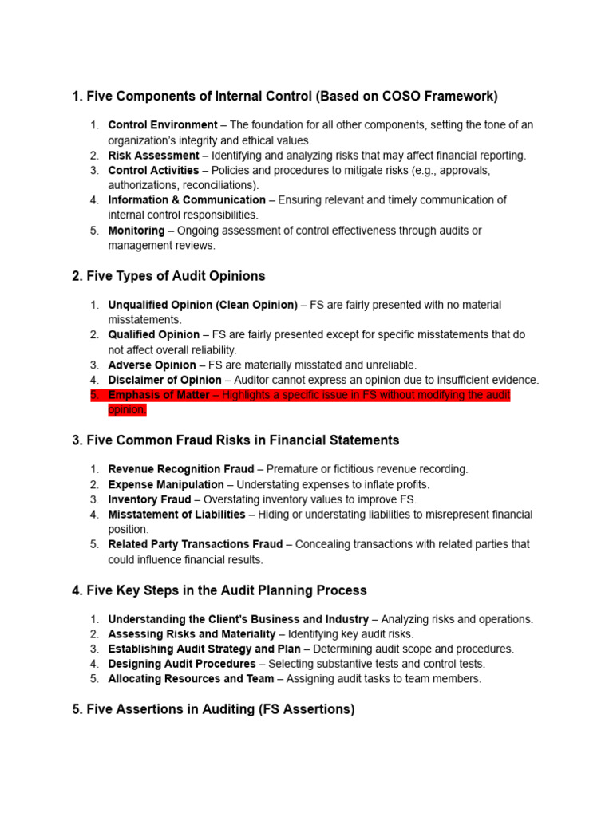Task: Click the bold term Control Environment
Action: pos(162,125)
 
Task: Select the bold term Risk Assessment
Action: pos(153,156)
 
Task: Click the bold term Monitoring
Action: pos(136,231)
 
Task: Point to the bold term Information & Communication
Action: pos(187,200)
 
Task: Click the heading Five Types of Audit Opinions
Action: pos(168,276)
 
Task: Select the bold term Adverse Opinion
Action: pos(152,365)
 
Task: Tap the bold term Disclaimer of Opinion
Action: pos(164,380)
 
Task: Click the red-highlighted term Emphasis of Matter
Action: pos(158,395)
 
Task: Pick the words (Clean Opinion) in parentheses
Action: pos(255,305)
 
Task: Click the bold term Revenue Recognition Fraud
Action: pos(180,469)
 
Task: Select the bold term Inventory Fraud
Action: pos(149,499)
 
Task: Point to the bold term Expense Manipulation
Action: pos(166,484)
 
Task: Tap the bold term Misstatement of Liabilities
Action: pos(176,515)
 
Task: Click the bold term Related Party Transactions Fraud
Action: pos(195,544)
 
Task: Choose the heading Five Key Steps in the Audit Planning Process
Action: pos(219,590)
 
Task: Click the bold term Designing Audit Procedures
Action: pos(181,664)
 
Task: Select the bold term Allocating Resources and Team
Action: pos(191,679)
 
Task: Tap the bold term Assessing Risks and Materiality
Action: pos(192,634)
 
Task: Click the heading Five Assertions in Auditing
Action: pos(213,708)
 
